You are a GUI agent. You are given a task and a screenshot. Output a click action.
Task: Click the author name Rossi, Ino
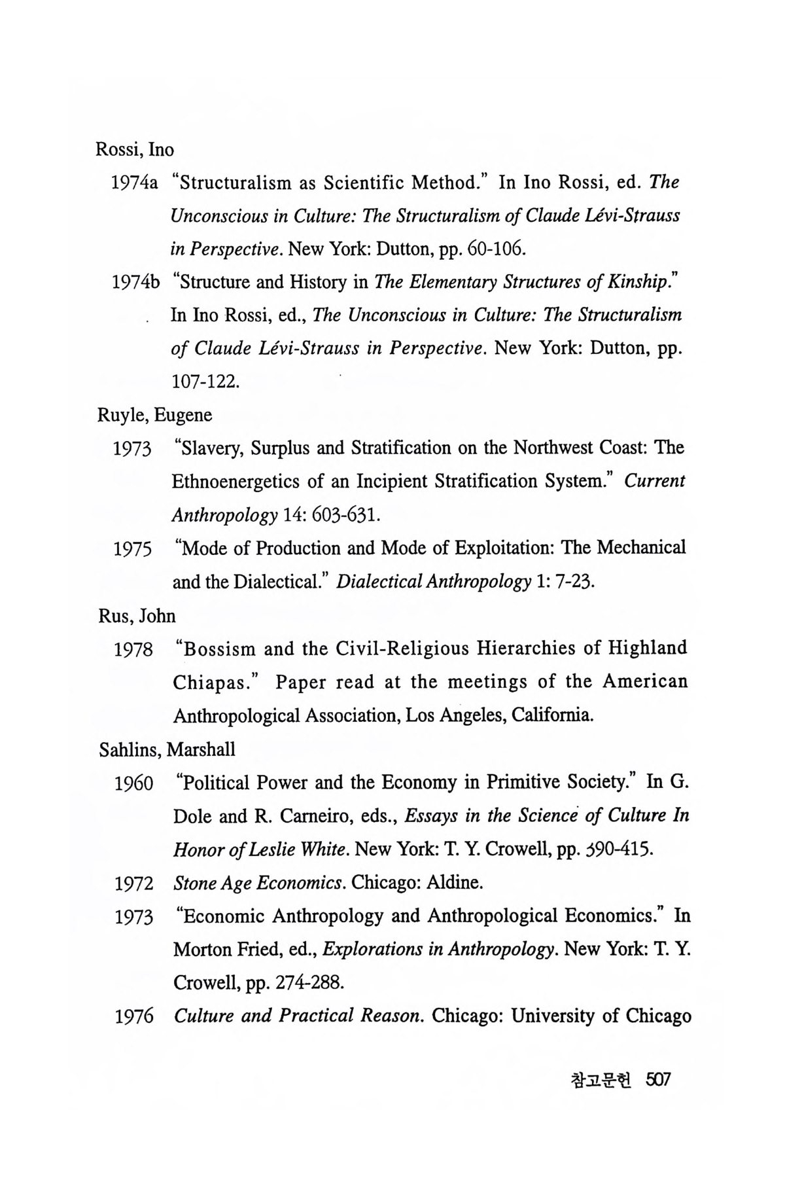(x=135, y=150)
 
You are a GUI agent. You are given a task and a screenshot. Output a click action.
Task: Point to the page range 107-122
(x=204, y=382)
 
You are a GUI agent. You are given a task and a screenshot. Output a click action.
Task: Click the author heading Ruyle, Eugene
(x=155, y=415)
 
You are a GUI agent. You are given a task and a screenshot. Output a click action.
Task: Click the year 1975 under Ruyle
(x=133, y=549)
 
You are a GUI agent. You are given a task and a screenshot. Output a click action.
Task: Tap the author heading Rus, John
(x=137, y=616)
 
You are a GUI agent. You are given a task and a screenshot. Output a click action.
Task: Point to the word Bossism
(x=220, y=649)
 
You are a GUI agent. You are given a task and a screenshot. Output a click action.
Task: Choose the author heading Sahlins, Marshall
(x=167, y=750)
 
